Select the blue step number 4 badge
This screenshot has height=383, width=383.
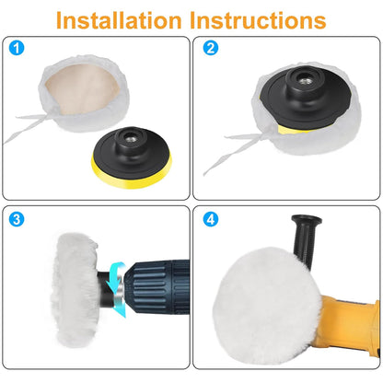[x=211, y=219]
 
